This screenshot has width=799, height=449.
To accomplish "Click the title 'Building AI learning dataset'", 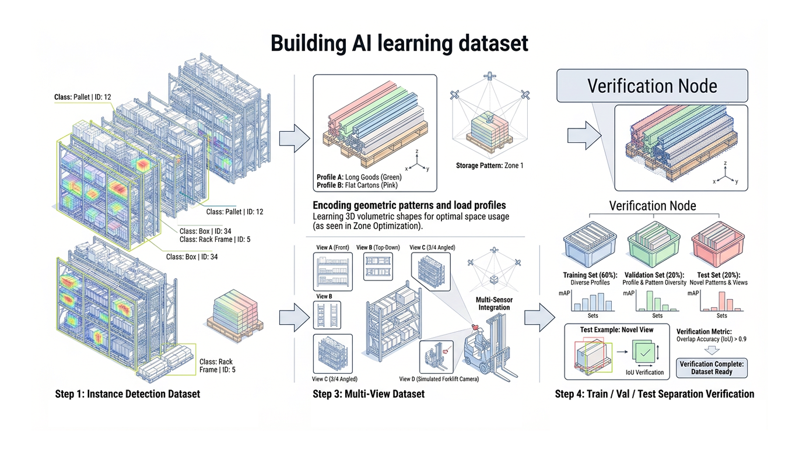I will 399,44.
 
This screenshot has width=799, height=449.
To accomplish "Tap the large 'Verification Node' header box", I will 652,86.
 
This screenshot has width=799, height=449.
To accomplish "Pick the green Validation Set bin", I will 652,247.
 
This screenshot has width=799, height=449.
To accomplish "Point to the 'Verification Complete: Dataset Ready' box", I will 712,367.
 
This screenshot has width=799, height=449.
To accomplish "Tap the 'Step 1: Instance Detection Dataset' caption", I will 127,394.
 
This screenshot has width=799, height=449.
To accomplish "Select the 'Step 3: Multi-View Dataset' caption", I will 369,394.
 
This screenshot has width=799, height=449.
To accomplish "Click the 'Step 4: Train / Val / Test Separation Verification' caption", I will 654,394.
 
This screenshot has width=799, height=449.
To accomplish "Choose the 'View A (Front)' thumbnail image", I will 332,271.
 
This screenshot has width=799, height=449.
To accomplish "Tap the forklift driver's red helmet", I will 474,328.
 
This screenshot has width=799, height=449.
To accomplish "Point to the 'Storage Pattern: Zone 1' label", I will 489,166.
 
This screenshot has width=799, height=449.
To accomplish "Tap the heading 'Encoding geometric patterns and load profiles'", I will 409,205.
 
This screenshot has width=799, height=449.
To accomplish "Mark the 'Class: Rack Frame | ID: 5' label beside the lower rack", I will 217,366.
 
